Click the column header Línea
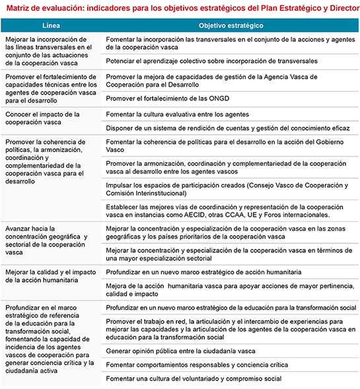coord(52,25)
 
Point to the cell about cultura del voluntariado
coord(194,378)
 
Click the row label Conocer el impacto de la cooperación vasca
coord(43,118)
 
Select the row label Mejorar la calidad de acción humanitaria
coord(51,276)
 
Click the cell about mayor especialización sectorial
coord(229,254)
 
